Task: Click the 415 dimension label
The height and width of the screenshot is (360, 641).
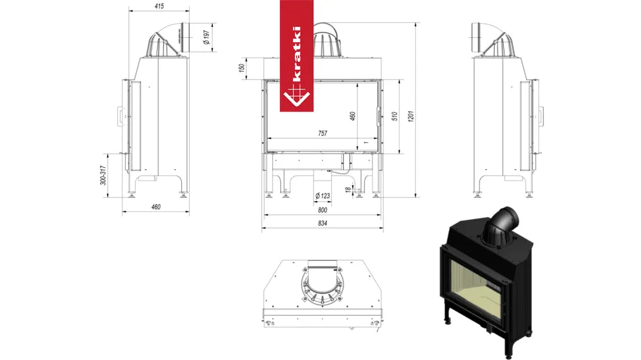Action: point(159,6)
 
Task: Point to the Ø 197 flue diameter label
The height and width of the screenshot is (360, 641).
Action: point(206,37)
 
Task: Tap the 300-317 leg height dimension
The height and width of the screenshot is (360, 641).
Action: point(103,175)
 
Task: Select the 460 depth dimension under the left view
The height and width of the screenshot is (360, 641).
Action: point(156,207)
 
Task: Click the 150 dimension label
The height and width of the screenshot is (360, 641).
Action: point(242,68)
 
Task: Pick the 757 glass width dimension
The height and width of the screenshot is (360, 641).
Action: point(322,133)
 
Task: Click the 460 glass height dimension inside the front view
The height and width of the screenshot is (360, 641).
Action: point(353,116)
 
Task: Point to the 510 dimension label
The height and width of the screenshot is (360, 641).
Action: point(394,117)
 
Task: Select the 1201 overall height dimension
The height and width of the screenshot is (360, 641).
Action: point(412,116)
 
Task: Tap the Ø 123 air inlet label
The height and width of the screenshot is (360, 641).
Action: point(322,196)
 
